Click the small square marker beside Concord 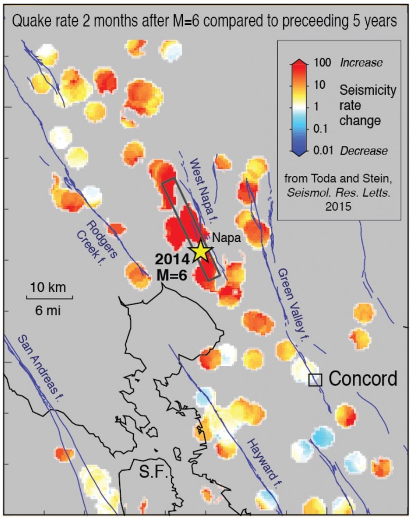click(x=315, y=380)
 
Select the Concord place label click(x=363, y=379)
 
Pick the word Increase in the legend click(x=361, y=63)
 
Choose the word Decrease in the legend click(x=364, y=151)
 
